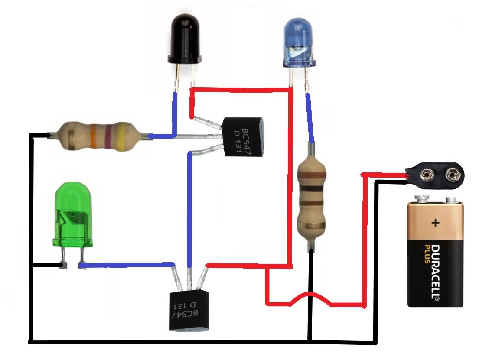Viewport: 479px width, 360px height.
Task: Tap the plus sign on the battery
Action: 435,223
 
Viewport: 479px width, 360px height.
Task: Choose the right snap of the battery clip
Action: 453,175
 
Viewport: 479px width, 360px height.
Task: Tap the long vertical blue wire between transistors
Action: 189,208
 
